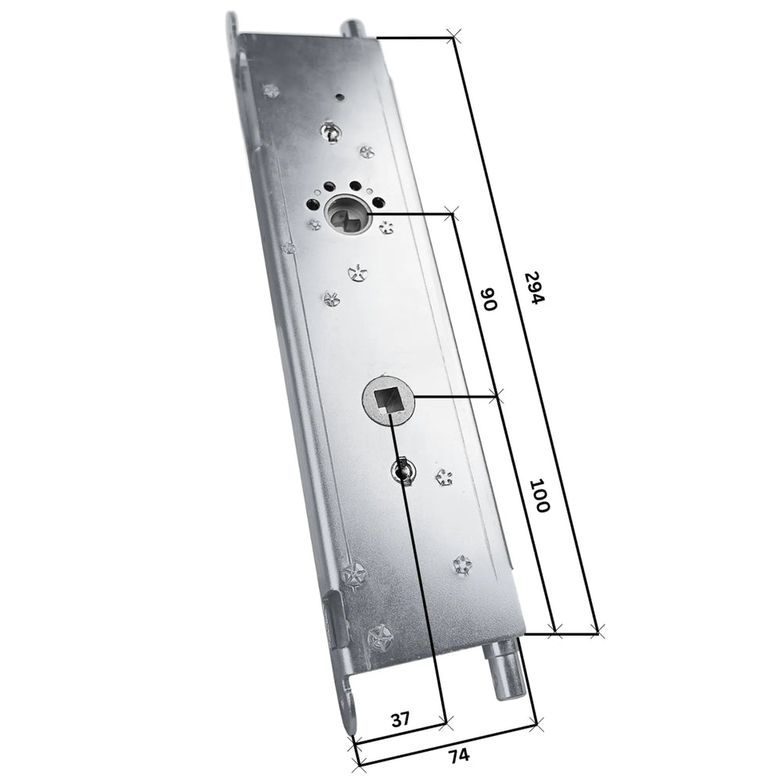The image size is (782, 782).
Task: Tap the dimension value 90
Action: (x=488, y=300)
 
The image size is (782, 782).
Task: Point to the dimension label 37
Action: (x=400, y=717)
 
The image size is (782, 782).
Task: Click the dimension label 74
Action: (x=458, y=755)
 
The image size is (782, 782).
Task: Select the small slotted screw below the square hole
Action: (x=404, y=470)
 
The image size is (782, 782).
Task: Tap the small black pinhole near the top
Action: (x=338, y=97)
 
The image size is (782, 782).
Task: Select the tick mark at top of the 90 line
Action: (x=450, y=211)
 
